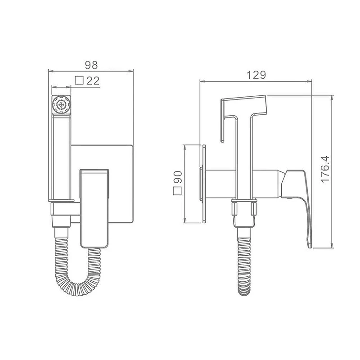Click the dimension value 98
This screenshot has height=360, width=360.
91,65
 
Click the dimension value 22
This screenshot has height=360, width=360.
93,81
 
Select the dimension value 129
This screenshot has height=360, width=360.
256,75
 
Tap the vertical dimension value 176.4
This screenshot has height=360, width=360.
325,169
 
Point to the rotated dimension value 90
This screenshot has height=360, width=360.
178,177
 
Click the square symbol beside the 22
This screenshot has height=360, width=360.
79,80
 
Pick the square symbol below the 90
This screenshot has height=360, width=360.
177,191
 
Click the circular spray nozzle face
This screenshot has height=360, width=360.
61,105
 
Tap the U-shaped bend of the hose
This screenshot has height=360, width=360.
78,284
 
